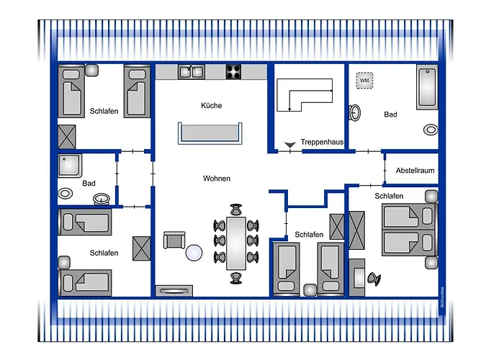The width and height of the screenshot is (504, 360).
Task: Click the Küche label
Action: coord(212,106)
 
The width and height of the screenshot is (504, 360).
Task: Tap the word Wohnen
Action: coord(217,178)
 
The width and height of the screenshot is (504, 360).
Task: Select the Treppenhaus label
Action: coord(322,143)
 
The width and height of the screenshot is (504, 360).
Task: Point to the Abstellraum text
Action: coord(415,171)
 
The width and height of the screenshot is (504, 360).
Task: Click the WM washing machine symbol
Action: coord(364,81)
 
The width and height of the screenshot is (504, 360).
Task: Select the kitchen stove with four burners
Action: coord(234,71)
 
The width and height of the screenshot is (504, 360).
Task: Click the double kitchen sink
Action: coord(191,71)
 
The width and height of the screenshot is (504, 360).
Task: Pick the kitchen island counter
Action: coord(210,133)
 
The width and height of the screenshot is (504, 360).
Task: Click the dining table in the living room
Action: coord(235,241)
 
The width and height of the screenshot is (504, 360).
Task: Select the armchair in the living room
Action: coord(174,241)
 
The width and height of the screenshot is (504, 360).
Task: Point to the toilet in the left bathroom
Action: coord(67,193)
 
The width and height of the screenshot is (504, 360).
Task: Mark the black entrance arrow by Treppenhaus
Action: coord(290,146)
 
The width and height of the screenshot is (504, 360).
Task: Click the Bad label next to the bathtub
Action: coord(390,114)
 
